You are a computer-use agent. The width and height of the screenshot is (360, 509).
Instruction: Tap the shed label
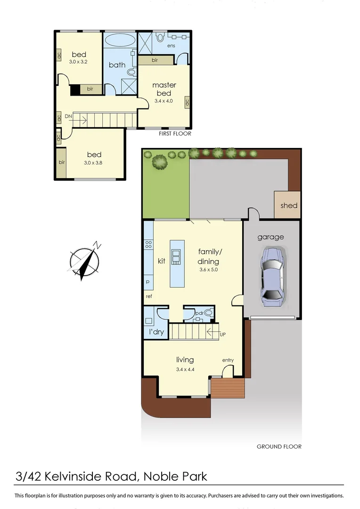point(288,205)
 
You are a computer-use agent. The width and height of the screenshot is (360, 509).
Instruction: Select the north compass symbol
point(84,261)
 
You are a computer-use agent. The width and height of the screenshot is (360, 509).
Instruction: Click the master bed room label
point(164,89)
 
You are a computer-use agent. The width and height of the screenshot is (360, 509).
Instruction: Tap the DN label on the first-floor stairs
point(69,116)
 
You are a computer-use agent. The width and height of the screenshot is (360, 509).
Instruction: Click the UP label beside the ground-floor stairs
point(224,335)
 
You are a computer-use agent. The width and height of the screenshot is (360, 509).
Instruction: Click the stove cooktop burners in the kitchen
point(148,245)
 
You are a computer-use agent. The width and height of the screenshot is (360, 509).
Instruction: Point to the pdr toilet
point(209,312)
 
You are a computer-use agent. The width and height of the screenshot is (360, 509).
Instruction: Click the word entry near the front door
point(228,361)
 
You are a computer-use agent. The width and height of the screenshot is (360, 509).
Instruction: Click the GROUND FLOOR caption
point(279,446)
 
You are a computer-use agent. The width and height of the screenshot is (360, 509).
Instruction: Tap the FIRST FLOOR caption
point(175,134)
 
